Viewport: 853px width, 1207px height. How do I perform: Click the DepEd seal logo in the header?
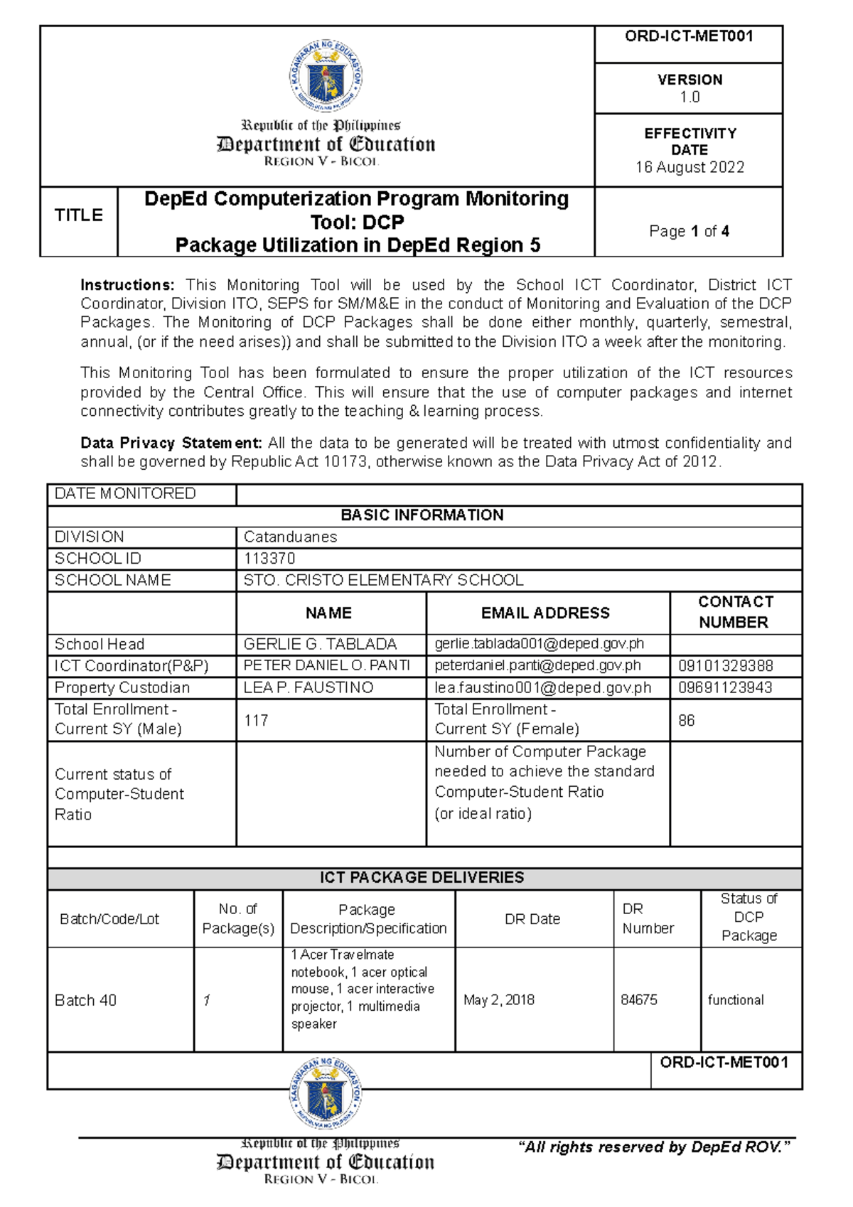(x=326, y=75)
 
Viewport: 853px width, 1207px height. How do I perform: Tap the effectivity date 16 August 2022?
(x=690, y=168)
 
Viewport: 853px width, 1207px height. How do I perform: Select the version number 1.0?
(x=690, y=97)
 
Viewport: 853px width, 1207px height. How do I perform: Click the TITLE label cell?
(x=78, y=215)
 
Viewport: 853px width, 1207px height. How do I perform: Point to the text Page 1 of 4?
(x=689, y=231)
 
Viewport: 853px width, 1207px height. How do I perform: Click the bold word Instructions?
(x=127, y=285)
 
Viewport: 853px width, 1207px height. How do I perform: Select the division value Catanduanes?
(x=290, y=537)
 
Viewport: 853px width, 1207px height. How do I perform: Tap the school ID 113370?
(x=269, y=559)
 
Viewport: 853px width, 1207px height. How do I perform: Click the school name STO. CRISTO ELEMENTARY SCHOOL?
(x=383, y=580)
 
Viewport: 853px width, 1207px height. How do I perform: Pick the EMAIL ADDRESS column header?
(x=545, y=613)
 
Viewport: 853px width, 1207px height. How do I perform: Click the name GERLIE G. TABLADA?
(x=320, y=644)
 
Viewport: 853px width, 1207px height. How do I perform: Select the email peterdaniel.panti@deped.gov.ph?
(x=537, y=666)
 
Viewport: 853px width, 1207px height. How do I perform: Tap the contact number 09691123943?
(x=725, y=687)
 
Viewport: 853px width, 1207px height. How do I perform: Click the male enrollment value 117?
(x=256, y=720)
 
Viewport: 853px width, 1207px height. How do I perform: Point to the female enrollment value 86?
(x=686, y=720)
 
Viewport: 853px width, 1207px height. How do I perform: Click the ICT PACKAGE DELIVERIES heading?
(x=422, y=878)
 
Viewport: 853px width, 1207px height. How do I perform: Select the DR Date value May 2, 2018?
(x=499, y=1000)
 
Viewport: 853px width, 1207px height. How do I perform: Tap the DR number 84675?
(x=639, y=1000)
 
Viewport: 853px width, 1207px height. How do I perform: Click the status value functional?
(x=736, y=1000)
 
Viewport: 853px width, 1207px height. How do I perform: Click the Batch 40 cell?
(x=85, y=1001)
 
